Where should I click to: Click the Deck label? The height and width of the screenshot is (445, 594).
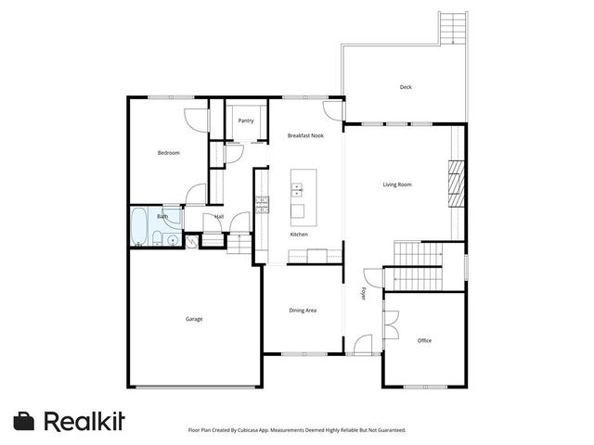[x=406, y=87]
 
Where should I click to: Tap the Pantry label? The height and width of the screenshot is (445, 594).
[x=246, y=121]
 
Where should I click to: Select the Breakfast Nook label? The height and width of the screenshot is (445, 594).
[x=305, y=135]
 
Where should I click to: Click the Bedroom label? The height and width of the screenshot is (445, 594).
[x=168, y=153]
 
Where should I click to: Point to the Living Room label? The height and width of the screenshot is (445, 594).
[x=397, y=184]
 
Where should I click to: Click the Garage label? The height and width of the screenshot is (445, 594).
[x=194, y=319]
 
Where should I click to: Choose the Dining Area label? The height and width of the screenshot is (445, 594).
[x=303, y=310]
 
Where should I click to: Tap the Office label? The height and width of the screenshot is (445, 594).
[x=424, y=340]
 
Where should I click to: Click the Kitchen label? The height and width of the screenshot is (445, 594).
[x=299, y=235]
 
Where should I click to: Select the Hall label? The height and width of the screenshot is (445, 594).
[x=219, y=217]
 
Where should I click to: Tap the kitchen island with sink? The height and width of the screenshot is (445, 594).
[x=298, y=196]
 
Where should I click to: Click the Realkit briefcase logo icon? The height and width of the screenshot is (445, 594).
[x=25, y=420]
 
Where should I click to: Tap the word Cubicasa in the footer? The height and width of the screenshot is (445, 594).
[x=248, y=430]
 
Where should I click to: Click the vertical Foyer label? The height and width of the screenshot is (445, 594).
[x=364, y=294]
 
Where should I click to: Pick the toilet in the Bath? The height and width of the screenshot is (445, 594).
[x=158, y=241]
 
